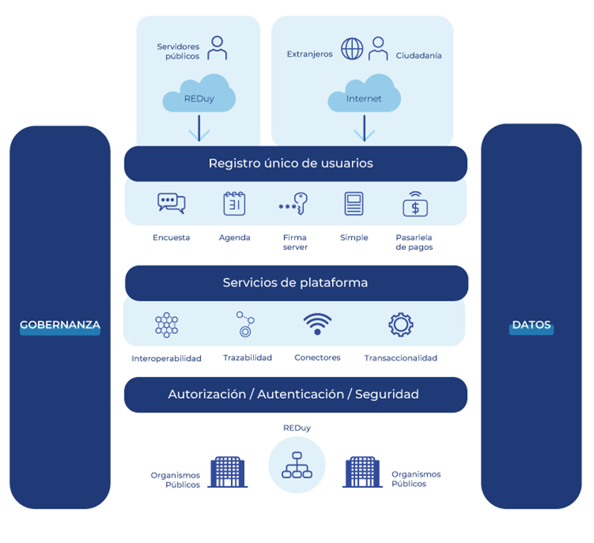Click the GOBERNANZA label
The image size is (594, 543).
[x=60, y=325]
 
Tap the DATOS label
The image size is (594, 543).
[x=531, y=325]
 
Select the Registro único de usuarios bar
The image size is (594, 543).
[x=296, y=164]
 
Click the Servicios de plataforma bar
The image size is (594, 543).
[x=296, y=283]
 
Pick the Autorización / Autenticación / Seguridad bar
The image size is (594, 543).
[x=296, y=394]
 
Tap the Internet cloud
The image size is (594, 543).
[x=364, y=97]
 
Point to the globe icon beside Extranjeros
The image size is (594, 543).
[x=352, y=49]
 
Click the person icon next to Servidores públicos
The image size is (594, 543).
[x=217, y=48]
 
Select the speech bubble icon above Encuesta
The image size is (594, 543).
[x=171, y=203]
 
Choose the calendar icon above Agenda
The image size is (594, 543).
[x=234, y=204]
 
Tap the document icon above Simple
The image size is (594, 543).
[x=354, y=204]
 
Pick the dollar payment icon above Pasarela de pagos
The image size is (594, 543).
[x=415, y=204]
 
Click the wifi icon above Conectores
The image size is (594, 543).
[x=317, y=325]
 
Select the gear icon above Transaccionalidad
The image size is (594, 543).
[x=400, y=325]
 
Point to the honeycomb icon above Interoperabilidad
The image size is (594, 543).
[x=166, y=325]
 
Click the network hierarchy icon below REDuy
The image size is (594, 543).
[x=296, y=465]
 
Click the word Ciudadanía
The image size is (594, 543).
[x=418, y=55]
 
